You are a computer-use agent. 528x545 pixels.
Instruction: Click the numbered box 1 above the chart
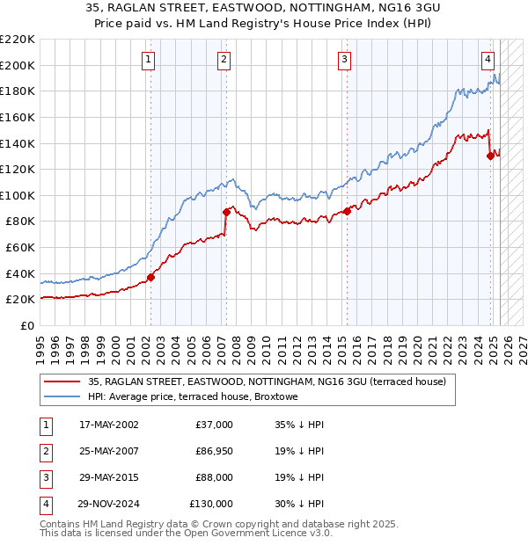click(148, 60)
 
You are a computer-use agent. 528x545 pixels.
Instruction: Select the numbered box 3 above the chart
click(344, 60)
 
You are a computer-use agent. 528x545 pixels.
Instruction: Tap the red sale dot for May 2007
click(226, 212)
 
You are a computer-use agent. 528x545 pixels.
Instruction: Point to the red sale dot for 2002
click(150, 277)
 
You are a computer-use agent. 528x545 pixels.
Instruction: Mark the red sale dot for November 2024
click(490, 156)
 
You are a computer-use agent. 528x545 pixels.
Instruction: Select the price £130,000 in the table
click(211, 504)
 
